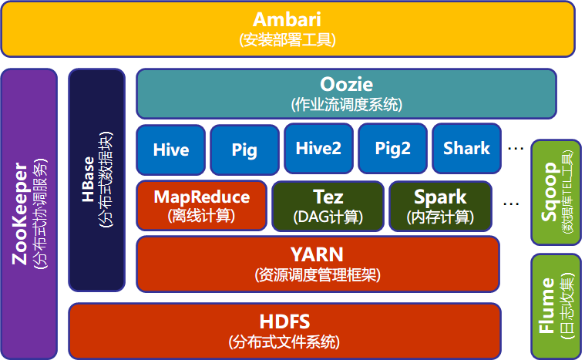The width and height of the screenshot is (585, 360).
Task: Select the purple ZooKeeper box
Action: [x=29, y=214]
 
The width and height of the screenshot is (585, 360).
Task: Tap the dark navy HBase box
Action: [x=96, y=180]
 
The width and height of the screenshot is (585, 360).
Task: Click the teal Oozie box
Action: [x=346, y=93]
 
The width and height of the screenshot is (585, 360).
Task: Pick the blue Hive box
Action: [x=170, y=149]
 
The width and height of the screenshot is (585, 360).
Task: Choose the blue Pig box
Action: [x=244, y=149]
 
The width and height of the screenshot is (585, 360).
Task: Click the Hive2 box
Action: [x=318, y=148]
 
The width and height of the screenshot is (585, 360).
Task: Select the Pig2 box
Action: [x=392, y=148]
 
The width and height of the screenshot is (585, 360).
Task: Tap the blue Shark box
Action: [x=466, y=148]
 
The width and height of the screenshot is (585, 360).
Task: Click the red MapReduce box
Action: [x=201, y=205]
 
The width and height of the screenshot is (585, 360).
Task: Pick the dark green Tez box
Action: [x=328, y=205]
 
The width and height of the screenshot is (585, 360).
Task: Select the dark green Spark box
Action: [x=440, y=205]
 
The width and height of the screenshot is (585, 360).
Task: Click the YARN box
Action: [x=317, y=264]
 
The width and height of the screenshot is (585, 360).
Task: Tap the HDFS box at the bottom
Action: [x=284, y=331]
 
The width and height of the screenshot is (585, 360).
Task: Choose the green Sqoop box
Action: [x=556, y=190]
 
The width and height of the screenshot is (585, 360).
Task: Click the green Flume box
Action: [x=556, y=306]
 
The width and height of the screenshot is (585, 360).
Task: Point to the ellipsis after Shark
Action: [x=516, y=147]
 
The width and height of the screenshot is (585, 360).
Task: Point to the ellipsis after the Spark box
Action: [x=510, y=204]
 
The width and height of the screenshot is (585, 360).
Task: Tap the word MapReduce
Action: [x=201, y=197]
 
